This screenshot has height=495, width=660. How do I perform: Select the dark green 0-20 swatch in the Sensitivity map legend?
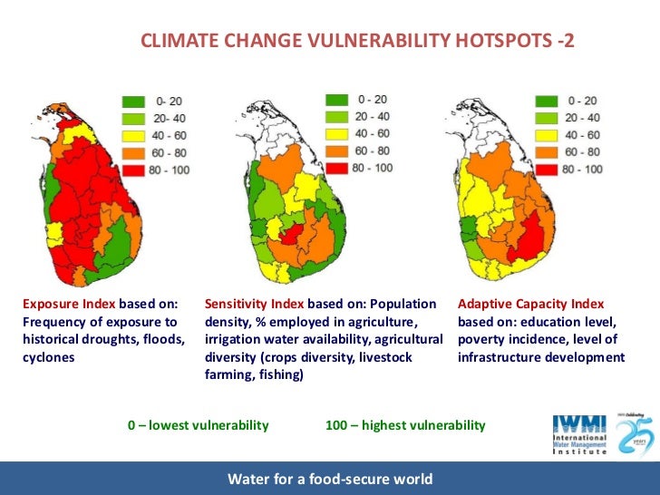pyautogui.click(x=338, y=99)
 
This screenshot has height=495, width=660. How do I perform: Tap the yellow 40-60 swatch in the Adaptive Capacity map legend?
pyautogui.click(x=546, y=135)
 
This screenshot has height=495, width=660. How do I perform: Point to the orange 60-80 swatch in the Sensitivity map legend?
pyautogui.click(x=338, y=150)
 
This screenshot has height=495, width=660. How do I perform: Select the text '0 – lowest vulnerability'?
pyautogui.click(x=199, y=425)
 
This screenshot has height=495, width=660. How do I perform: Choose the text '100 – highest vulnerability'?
pyautogui.click(x=405, y=425)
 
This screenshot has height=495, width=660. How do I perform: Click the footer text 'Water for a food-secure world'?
pyautogui.click(x=330, y=479)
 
